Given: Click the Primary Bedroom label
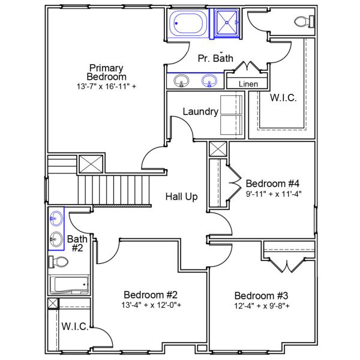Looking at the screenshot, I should [x=107, y=72].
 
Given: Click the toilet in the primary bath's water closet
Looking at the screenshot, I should [x=304, y=22].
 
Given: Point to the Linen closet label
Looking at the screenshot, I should [x=248, y=84].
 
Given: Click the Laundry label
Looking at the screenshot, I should [x=200, y=112].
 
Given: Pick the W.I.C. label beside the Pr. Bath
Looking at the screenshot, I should [x=283, y=98].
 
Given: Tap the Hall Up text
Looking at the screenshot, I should [x=182, y=196].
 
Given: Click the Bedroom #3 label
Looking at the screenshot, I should [x=262, y=296].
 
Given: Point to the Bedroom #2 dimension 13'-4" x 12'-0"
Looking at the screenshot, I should [x=152, y=305].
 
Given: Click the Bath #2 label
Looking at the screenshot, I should [x=77, y=244].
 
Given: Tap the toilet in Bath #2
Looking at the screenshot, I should [x=59, y=262].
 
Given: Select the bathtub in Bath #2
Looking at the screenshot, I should [x=68, y=285].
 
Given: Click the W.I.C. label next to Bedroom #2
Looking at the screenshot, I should [x=75, y=327].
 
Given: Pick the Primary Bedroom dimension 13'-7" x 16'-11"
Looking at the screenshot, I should [x=106, y=86].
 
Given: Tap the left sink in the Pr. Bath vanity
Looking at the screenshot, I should [x=180, y=80].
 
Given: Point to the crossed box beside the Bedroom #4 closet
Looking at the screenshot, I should [x=217, y=149].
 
